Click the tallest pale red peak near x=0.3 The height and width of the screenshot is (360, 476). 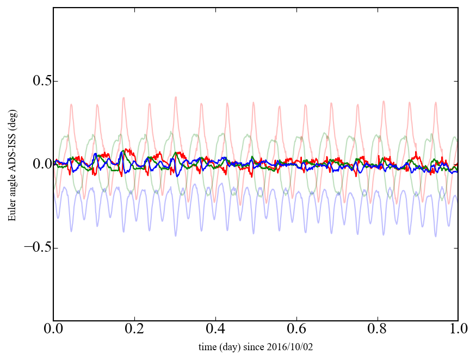click(x=175, y=97)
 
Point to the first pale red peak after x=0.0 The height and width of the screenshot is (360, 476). click(x=71, y=104)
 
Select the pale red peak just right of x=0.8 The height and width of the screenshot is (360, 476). click(x=384, y=101)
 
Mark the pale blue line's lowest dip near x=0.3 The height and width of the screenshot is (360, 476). click(x=175, y=235)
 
